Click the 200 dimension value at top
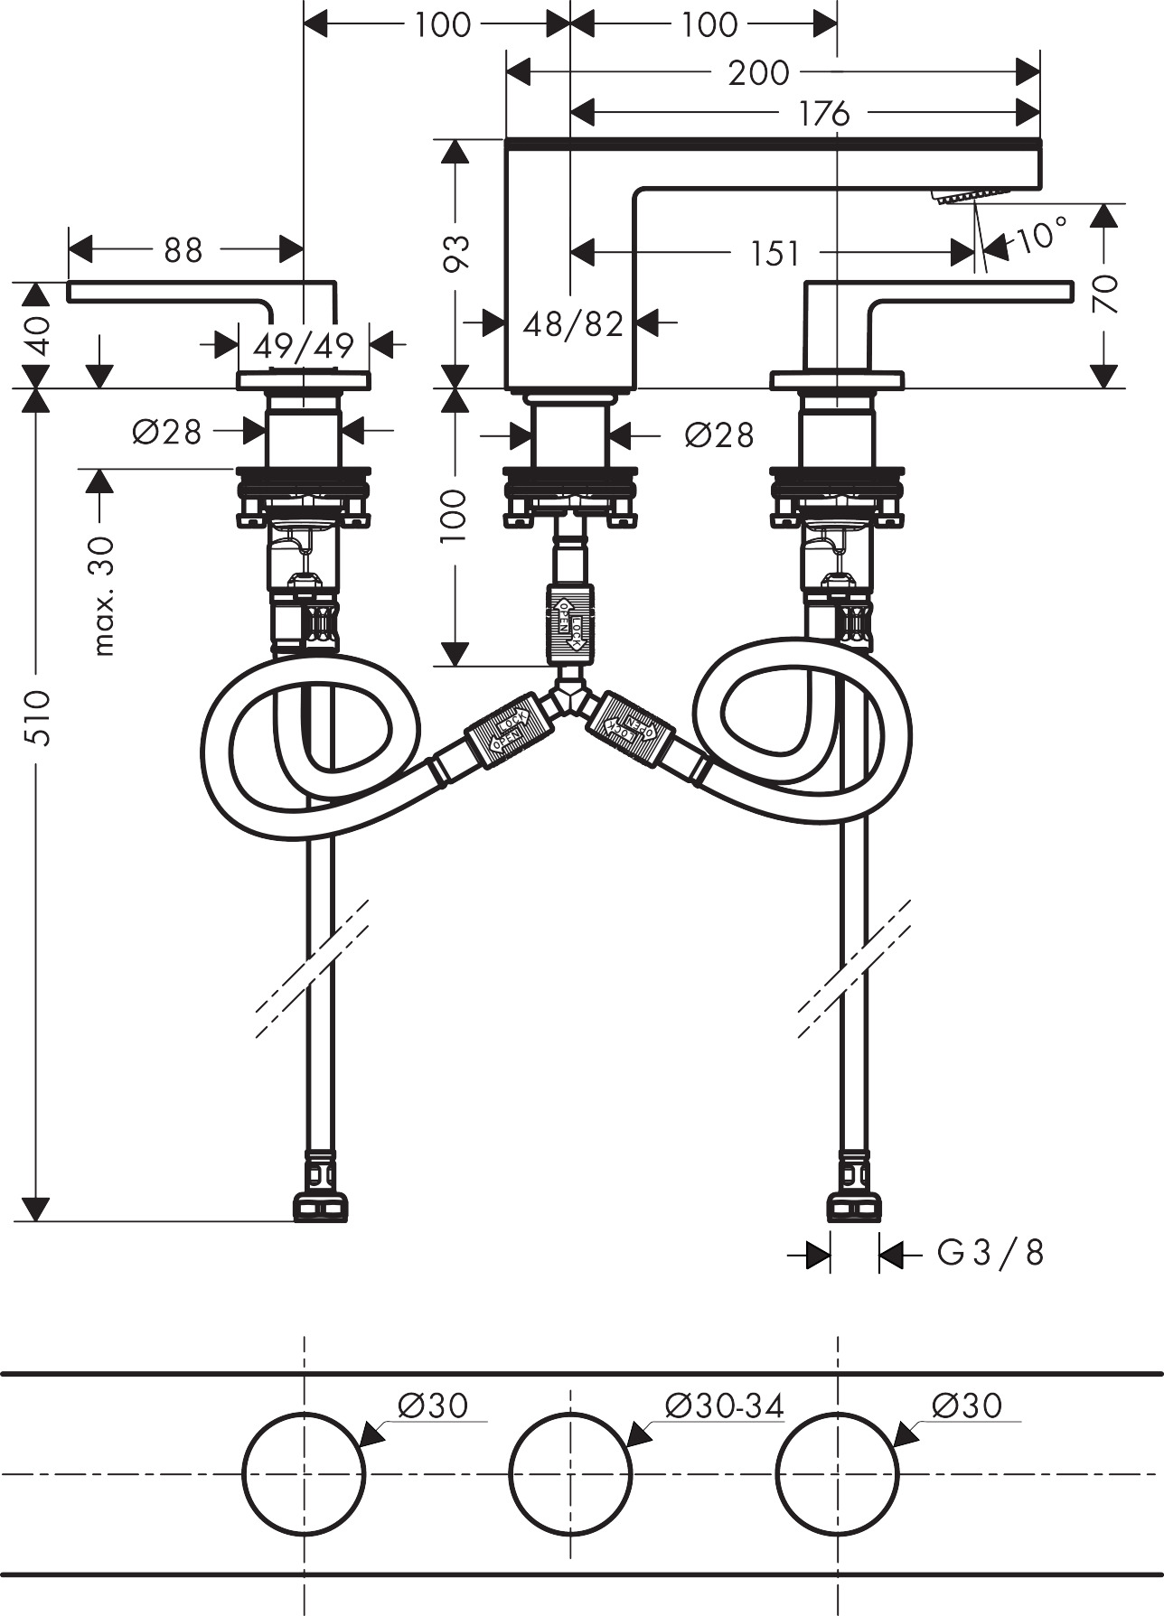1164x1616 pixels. point(758,72)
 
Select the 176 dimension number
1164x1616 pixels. point(824,114)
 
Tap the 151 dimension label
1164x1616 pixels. point(774,254)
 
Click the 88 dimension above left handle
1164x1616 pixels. point(183,250)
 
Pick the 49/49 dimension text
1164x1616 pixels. point(304,345)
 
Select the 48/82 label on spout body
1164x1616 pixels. point(573,322)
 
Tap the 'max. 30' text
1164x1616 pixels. point(104,594)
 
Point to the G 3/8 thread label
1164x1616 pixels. point(990,1253)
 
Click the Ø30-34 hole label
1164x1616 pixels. point(724,1406)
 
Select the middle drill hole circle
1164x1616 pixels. point(570,1472)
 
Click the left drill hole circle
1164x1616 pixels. point(304,1472)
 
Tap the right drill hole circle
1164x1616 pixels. point(837,1472)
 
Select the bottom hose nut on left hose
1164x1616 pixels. point(320,1205)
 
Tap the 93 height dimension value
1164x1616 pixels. point(459,252)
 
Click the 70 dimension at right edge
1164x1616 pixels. point(1105,294)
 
